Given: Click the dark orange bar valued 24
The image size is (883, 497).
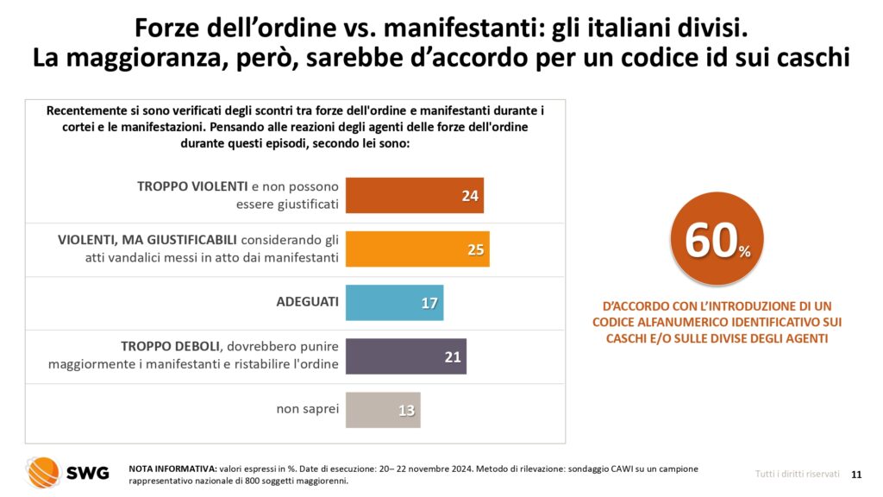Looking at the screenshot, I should [x=414, y=195].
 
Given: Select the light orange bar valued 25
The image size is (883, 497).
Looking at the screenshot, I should [x=417, y=249].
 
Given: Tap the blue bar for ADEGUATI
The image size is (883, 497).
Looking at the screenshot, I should [x=394, y=303].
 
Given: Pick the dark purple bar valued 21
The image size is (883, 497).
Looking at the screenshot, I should [x=405, y=356].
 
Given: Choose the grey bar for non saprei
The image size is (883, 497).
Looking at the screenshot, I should [x=383, y=410].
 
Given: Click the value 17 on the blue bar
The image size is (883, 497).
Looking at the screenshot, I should [x=429, y=304].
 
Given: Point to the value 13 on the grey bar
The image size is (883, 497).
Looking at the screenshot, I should [x=407, y=411].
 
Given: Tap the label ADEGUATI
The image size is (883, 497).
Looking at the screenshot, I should [x=307, y=303].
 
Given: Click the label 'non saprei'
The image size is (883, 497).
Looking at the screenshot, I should [x=308, y=409].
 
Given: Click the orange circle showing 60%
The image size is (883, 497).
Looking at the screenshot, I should [x=717, y=241].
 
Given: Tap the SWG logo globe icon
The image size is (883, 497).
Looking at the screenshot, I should [x=42, y=472].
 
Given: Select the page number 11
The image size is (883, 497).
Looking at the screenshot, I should [x=856, y=474].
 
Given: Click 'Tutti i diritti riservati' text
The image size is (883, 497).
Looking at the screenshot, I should [x=797, y=474].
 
